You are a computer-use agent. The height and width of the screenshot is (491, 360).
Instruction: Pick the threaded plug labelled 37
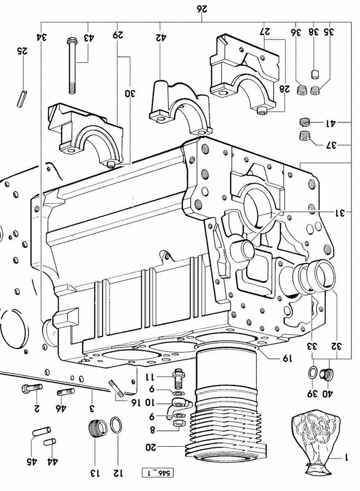click(303, 136)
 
